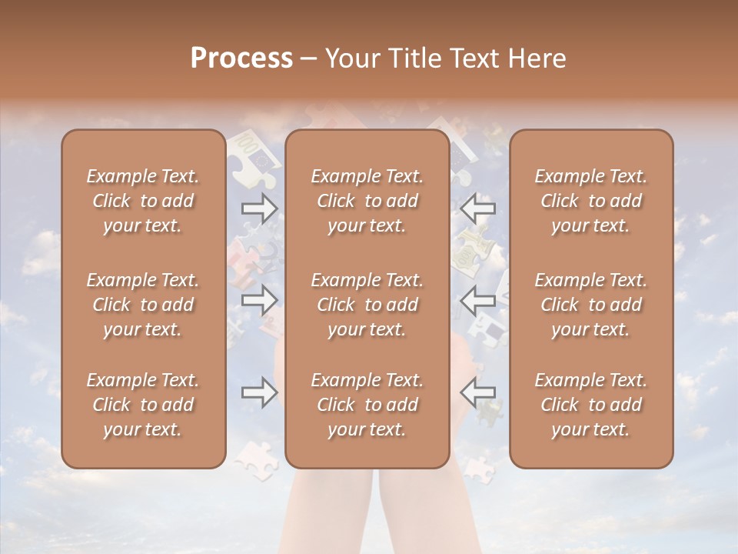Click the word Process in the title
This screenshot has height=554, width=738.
pos(241,58)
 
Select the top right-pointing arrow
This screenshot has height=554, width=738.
pos(260,208)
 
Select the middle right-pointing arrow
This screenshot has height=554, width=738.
pos(260,300)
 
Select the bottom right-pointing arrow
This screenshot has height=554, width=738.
pos(260,393)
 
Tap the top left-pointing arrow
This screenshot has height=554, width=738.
pos(478,208)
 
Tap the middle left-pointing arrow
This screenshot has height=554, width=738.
pos(478,300)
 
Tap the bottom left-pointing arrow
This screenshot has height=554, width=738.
pos(478,393)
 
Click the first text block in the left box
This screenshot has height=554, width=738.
pos(143,201)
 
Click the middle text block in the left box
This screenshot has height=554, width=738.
pos(143,305)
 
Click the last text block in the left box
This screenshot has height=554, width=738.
pos(143,405)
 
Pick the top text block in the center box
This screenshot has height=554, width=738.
pos(367,201)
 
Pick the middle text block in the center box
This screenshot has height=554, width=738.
pos(367,305)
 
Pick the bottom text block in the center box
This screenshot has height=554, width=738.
pos(367,405)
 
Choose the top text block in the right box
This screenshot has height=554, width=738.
pos(590,201)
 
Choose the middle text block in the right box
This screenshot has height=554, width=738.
pos(590,305)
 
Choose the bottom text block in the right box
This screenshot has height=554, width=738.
pos(590,405)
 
